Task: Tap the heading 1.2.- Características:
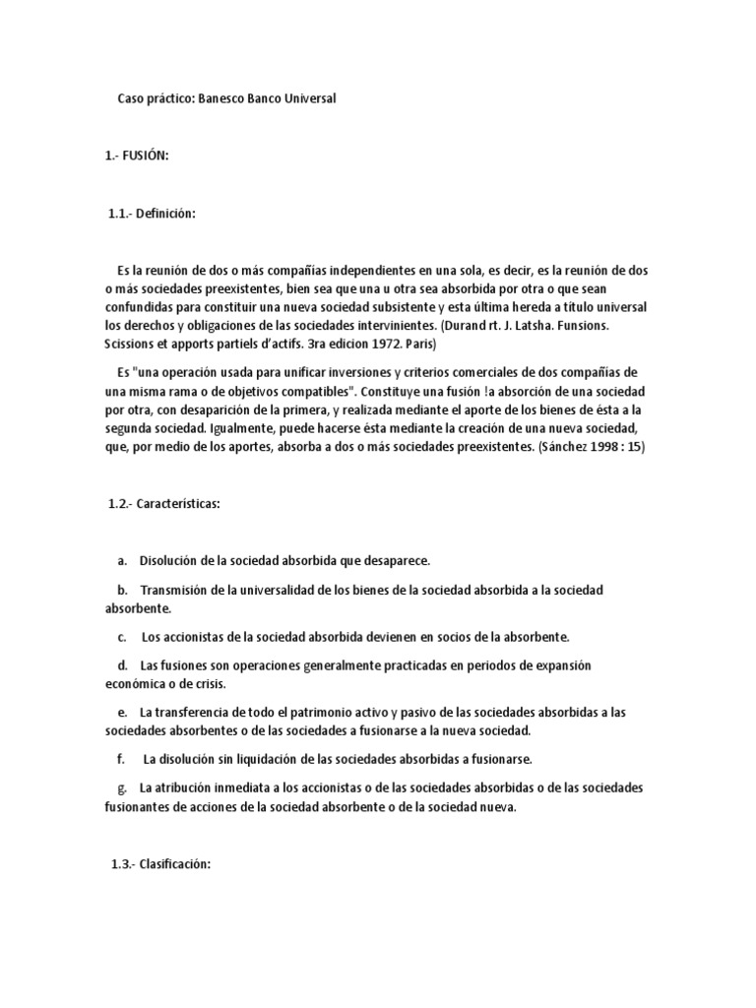click(164, 505)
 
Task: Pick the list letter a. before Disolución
click(122, 560)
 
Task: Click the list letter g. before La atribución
click(122, 787)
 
